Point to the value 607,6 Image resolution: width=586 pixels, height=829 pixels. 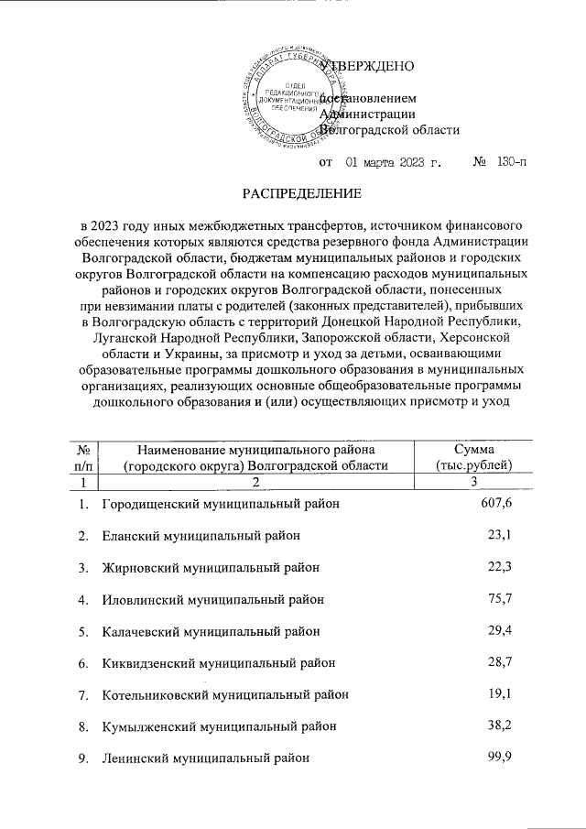coord(494,503)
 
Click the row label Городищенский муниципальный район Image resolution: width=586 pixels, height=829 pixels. coord(221,504)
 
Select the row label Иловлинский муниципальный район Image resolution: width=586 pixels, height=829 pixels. coord(212,600)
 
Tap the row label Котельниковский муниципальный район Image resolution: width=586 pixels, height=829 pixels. coord(225,694)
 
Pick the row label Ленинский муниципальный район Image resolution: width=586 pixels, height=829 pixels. coord(204,758)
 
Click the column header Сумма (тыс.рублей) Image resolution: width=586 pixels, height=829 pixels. coord(474,456)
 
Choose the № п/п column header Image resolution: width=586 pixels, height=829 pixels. coord(83,456)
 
